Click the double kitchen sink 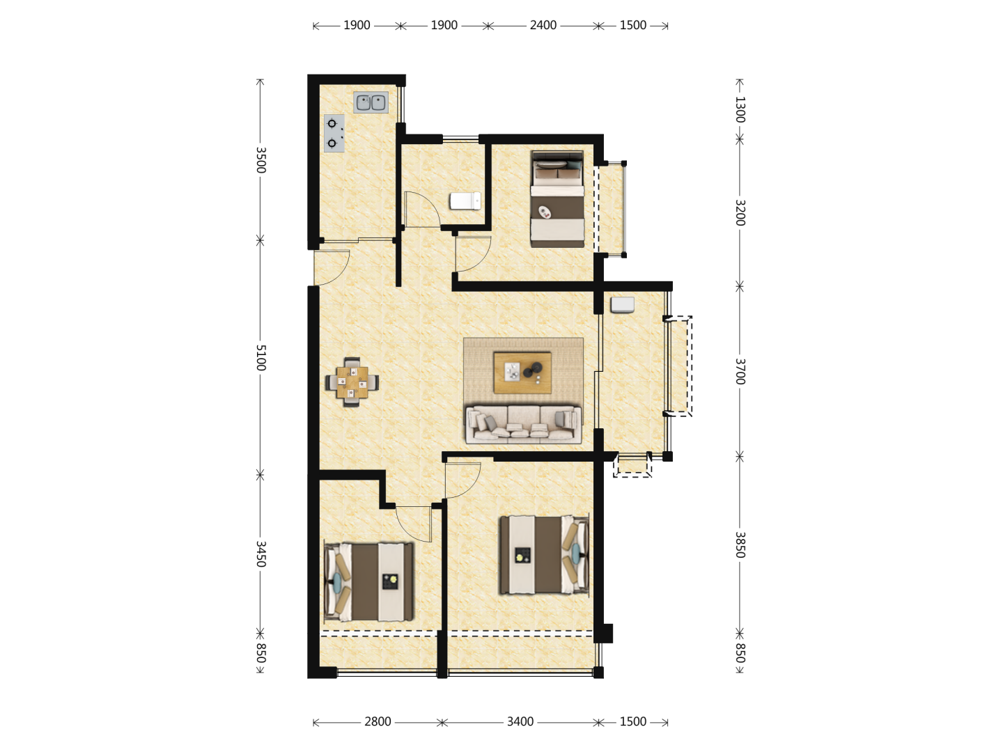pos(371,102)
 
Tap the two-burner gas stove pos(334,133)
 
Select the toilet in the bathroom pos(465,201)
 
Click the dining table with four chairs pos(352,382)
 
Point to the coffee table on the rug pos(522,372)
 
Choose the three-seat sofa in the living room pos(523,424)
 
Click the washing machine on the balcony pos(623,305)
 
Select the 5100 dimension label pos(261,357)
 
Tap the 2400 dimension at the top pos(543,25)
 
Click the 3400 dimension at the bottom pos(520,721)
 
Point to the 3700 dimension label pos(740,371)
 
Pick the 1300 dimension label pos(740,109)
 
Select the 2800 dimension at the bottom pos(378,721)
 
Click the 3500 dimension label pos(261,160)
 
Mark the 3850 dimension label pos(740,545)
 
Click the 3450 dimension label pos(261,554)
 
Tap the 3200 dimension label pos(740,213)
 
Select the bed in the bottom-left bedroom pos(368,581)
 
